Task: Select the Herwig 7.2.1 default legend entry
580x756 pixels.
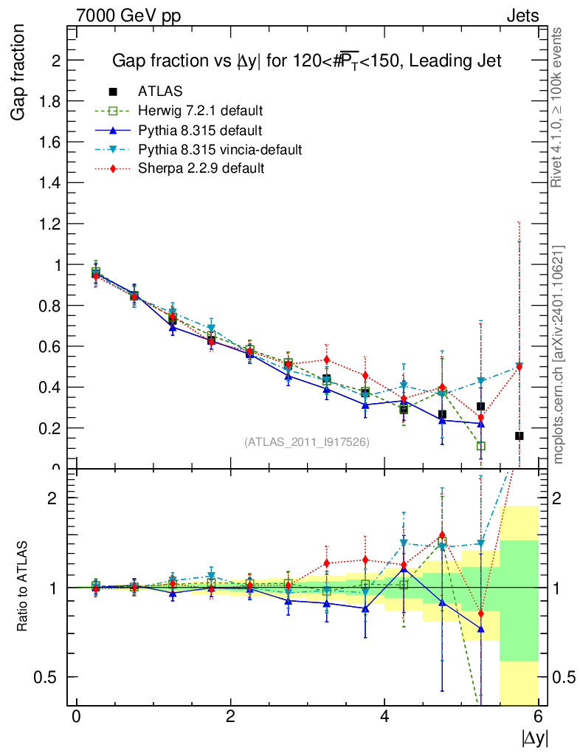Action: click(200, 111)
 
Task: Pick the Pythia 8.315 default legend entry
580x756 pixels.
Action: click(200, 131)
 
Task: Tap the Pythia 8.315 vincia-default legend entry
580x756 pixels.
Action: click(220, 150)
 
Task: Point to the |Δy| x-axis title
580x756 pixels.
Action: click(534, 737)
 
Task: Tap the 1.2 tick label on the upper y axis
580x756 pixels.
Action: click(50, 223)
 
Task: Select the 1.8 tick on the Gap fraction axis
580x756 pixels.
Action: click(50, 101)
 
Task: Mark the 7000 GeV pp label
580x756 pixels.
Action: click(129, 16)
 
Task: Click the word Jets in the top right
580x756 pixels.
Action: click(522, 16)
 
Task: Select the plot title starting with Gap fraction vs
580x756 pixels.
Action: click(306, 61)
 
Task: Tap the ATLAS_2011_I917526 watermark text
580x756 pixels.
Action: click(307, 442)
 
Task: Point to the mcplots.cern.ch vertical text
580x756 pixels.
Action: click(559, 354)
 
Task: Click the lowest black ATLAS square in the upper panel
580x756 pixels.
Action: click(519, 436)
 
